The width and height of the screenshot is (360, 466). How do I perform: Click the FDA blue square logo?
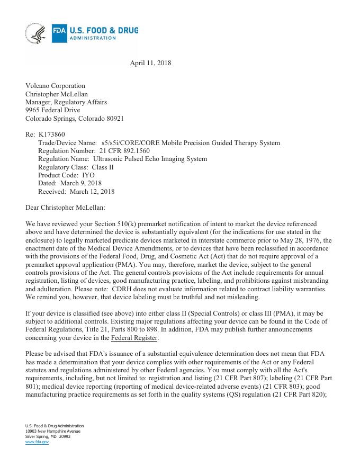pos(59,33)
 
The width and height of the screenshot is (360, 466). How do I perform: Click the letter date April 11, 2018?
pos(150,63)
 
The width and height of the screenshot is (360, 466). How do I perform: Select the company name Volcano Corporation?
pos(55,86)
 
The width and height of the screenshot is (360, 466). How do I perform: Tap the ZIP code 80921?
pos(114,119)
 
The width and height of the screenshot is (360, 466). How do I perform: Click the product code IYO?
pos(88,175)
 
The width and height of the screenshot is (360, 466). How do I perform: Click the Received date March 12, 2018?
pos(92,192)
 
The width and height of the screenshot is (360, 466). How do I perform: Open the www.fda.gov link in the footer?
pos(37,442)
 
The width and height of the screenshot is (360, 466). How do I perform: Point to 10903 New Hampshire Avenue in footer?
pos(53,431)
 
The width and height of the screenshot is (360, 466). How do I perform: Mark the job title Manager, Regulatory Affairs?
pos(66,102)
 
